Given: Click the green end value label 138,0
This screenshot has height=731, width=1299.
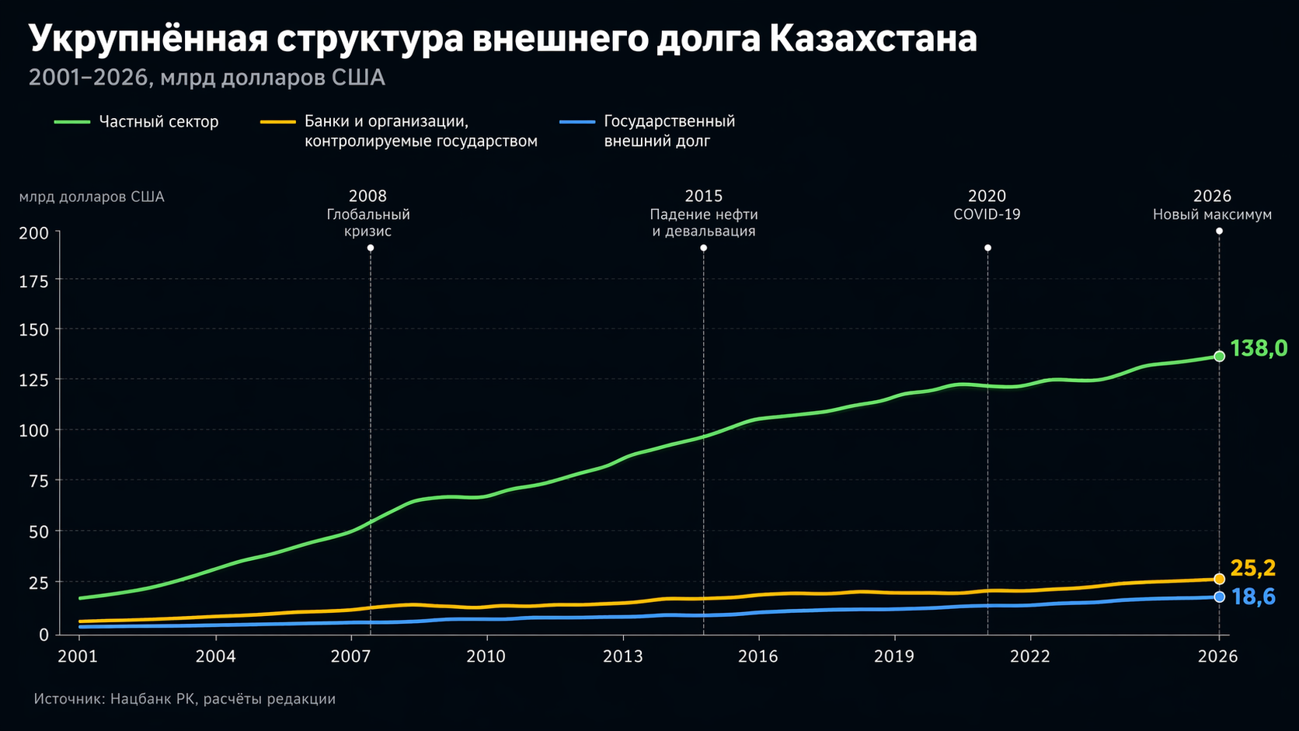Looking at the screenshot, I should point(1258,349).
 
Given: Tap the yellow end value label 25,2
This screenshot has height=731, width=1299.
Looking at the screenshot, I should point(1252,569).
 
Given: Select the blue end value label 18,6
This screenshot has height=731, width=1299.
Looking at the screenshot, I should point(1252,597).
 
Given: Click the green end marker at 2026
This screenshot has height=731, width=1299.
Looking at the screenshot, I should point(1219,356).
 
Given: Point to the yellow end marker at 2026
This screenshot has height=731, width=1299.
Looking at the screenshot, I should point(1219,579).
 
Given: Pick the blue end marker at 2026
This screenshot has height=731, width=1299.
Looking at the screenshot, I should point(1219,597).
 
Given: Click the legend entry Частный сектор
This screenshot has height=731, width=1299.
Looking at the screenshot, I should point(158,122).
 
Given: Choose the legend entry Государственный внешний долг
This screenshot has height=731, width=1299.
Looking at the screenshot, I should point(669,131).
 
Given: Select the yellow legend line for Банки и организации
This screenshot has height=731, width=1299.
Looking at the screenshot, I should point(277,122).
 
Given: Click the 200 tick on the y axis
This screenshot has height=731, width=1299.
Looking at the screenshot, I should point(39,233).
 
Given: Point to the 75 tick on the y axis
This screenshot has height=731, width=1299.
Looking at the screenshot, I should point(39,482).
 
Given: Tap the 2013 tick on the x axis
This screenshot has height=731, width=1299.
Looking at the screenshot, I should point(623,656).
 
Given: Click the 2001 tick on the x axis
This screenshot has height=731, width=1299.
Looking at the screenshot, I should point(78,656).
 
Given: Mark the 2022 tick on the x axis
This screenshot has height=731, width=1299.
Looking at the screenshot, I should point(1029,656).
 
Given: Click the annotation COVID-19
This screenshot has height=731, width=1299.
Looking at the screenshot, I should point(987,214).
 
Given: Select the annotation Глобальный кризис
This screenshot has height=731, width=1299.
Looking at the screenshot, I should point(368,223).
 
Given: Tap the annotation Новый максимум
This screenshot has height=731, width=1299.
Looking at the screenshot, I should point(1212,214).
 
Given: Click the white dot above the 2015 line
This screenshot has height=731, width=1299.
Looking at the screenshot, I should point(703,248).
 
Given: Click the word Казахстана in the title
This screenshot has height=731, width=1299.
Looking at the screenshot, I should point(873,39).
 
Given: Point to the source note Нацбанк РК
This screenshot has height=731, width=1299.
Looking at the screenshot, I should point(152,699).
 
